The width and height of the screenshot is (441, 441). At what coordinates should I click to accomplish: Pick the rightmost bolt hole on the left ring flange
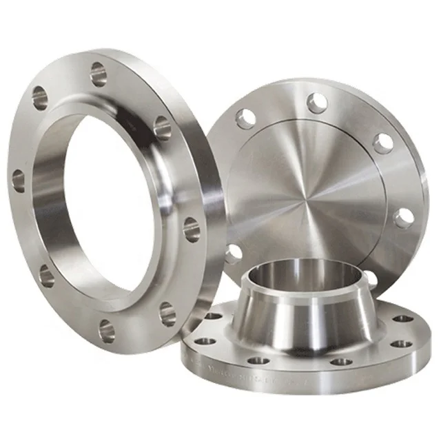[191, 228]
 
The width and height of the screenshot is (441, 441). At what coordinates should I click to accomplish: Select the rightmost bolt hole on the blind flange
[403, 218]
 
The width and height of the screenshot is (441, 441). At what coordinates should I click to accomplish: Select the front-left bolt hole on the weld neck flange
[259, 360]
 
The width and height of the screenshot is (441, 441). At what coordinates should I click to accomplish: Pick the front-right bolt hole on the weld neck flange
[340, 361]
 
